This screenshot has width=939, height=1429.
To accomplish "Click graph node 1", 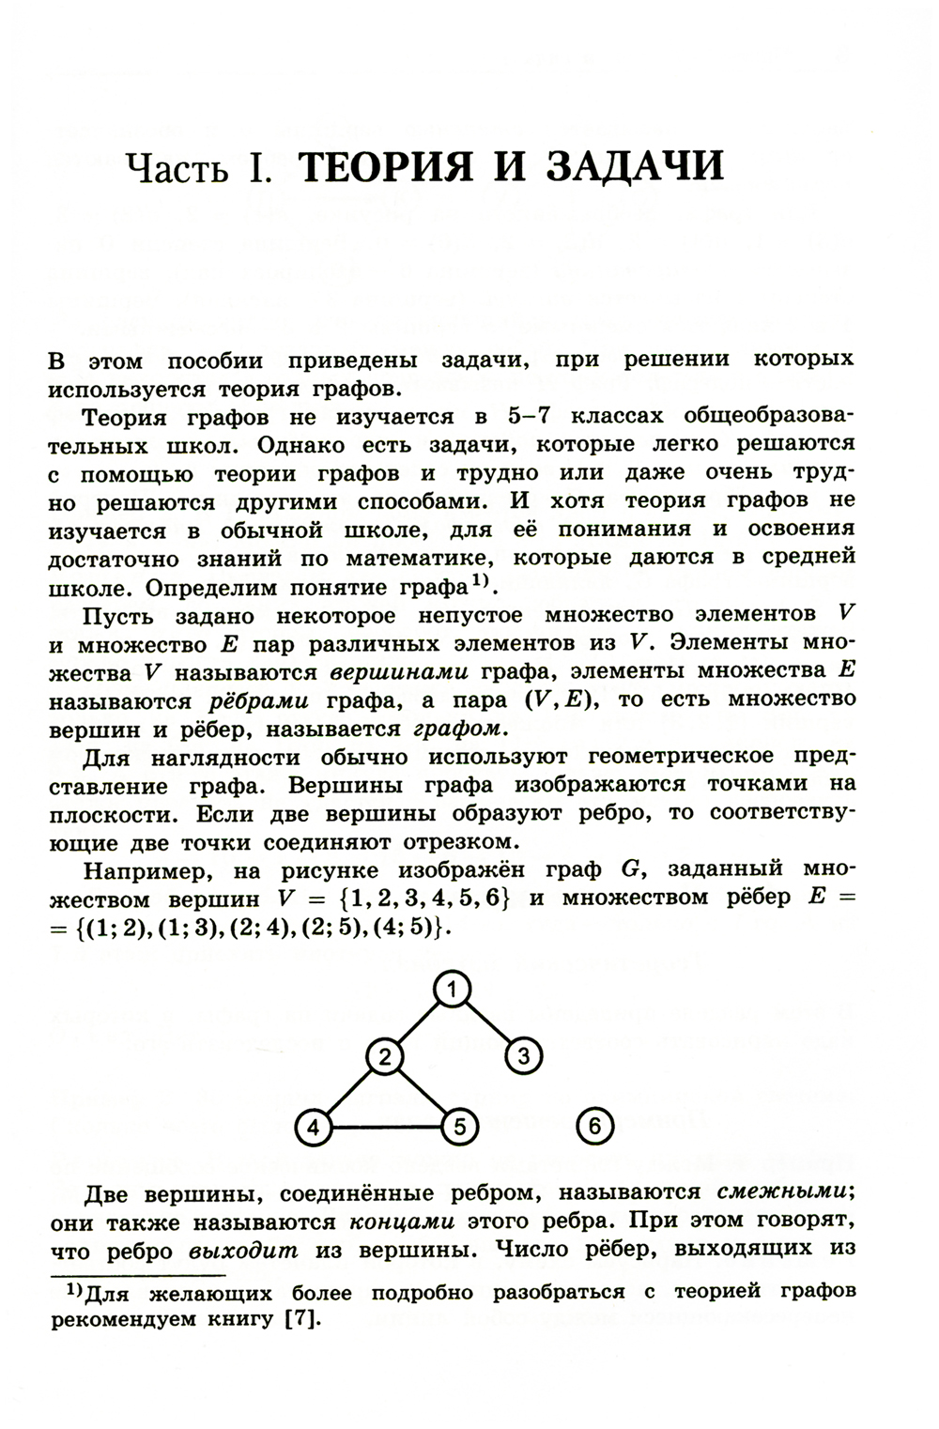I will click(x=452, y=989).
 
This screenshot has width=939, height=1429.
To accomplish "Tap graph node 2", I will click(x=383, y=1056).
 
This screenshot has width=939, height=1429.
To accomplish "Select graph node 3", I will click(x=523, y=1056).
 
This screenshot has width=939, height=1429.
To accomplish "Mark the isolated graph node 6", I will click(x=595, y=1125).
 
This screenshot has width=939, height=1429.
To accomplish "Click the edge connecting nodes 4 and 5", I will click(x=385, y=1127).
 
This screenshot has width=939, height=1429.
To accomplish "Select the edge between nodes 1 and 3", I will click(x=487, y=1022).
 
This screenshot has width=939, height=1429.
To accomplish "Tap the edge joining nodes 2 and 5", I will click(x=420, y=1091).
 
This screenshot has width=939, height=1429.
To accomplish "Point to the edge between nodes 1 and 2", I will click(x=418, y=1022).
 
